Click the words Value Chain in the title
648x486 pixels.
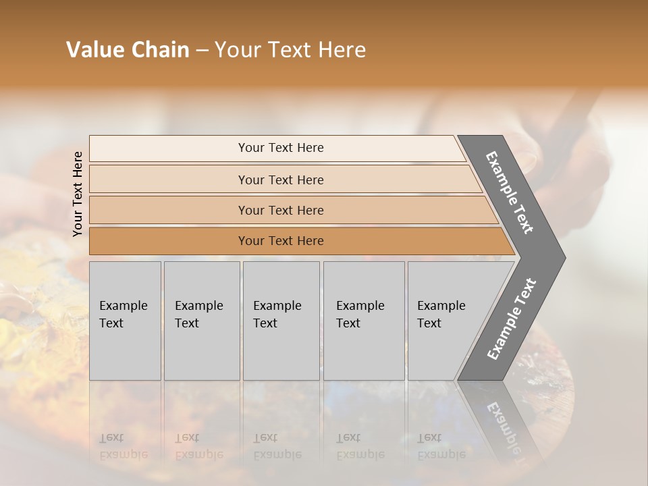128,50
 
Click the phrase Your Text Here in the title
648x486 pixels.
290,50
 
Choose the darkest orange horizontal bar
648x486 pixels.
169,241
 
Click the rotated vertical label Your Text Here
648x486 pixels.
78,194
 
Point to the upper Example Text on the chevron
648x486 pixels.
510,192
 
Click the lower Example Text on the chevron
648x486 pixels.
511,319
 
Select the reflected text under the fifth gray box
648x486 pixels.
441,446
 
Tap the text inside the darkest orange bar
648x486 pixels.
281,241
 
